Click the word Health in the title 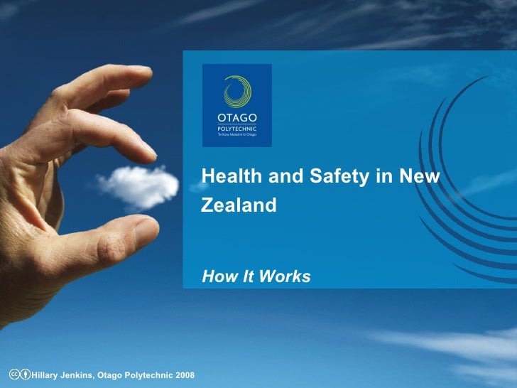(226, 177)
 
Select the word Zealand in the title (239, 206)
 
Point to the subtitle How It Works (256, 276)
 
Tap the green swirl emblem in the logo (236, 90)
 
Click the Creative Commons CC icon (13, 374)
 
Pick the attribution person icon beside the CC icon (26, 374)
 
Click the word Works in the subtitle (287, 276)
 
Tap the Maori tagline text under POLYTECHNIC (236, 134)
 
